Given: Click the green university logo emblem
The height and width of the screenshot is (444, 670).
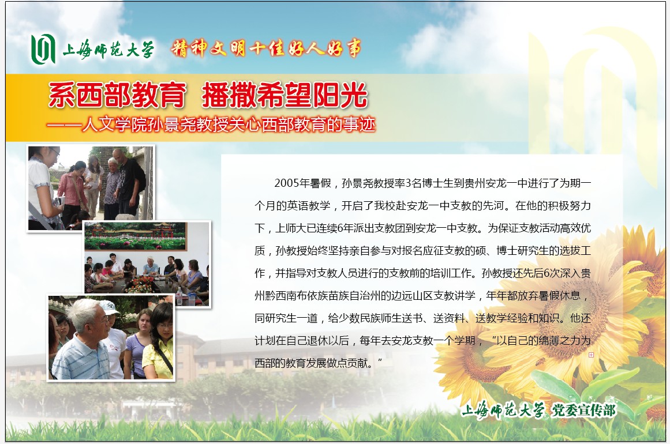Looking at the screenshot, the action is tap(43, 49).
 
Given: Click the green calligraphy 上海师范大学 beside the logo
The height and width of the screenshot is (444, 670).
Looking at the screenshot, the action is tap(108, 50).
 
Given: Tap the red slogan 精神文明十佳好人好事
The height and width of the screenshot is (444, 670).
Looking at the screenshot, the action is tap(266, 48).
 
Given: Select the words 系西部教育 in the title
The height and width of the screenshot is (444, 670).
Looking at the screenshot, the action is tap(117, 95).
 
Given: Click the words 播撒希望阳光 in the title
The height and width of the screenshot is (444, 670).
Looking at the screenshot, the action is tap(285, 95).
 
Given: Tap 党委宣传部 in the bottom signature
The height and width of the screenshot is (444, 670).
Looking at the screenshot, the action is tap(583, 411).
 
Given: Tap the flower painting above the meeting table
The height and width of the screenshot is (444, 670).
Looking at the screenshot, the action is tap(135, 235).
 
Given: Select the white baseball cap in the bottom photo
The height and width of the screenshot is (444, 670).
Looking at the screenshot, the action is tap(109, 307).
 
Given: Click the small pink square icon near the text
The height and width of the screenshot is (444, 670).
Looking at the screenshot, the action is tap(592, 355).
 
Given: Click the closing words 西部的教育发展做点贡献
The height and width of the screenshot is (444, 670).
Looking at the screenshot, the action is tap(313, 363).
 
